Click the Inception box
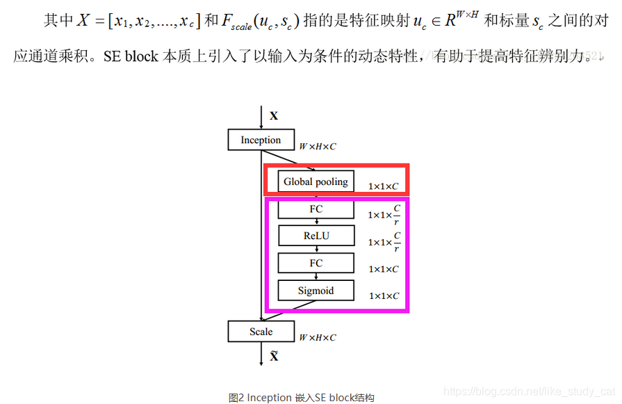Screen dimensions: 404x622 tap(261, 140)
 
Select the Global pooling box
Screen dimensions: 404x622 tap(316, 181)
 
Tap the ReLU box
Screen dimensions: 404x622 tap(316, 236)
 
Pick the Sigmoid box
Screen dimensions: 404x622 tap(316, 291)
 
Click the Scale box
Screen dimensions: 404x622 tap(261, 332)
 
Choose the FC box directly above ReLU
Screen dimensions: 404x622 tap(316, 209)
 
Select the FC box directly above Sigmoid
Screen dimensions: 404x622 tap(316, 263)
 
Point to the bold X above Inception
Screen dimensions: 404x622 tap(274, 116)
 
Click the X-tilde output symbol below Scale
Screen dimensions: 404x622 tap(274, 356)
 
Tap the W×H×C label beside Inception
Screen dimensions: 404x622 tap(318, 147)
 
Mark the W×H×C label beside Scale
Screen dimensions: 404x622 tap(318, 337)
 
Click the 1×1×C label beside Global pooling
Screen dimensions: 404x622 tap(384, 186)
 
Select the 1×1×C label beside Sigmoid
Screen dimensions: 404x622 tap(384, 296)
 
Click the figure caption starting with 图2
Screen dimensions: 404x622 tap(301, 398)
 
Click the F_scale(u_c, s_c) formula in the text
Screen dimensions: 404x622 tap(260, 22)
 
